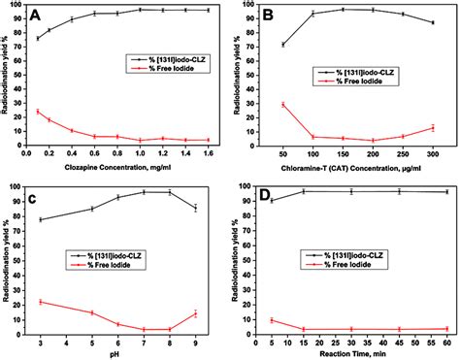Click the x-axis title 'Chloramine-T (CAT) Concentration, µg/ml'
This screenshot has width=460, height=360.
point(356,168)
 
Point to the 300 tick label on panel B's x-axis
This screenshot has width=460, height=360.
point(433,155)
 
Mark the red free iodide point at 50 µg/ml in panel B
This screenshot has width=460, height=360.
point(282,104)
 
